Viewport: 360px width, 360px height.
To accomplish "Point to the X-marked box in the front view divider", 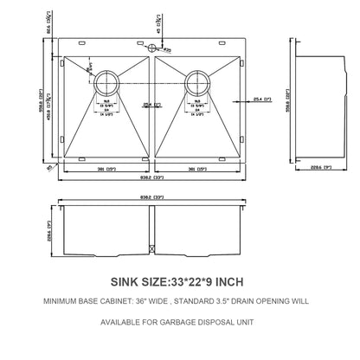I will click(153, 250).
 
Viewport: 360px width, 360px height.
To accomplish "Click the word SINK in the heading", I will click(125, 281).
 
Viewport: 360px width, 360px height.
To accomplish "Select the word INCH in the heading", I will click(235, 281).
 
